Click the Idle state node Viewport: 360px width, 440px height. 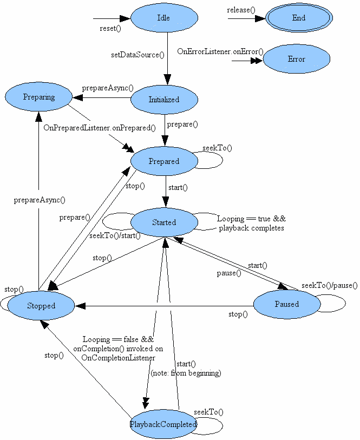tap(163, 18)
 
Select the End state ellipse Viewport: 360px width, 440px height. tap(299, 18)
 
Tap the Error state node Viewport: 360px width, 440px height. tap(296, 60)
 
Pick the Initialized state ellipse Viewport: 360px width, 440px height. tap(164, 100)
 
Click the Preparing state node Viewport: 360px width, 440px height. tap(39, 97)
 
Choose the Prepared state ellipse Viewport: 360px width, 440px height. tap(164, 161)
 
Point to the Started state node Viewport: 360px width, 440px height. tap(164, 222)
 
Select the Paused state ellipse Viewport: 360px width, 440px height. tap(286, 304)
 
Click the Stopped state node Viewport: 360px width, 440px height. tap(41, 306)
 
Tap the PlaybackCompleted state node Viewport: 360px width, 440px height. tap(163, 424)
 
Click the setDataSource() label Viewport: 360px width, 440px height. tap(138, 55)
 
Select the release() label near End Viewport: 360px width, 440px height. tap(241, 10)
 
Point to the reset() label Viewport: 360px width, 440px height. tap(110, 28)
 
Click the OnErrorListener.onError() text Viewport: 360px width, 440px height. tap(220, 51)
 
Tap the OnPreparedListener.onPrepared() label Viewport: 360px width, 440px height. tap(100, 128)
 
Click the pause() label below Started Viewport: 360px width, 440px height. tap(229, 273)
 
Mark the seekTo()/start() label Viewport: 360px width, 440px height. tap(115, 235)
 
